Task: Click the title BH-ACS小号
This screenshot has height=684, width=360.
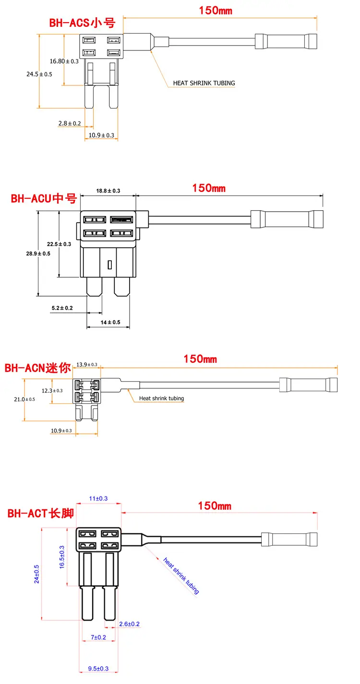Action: (x=82, y=23)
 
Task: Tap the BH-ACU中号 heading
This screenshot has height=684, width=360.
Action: (x=44, y=199)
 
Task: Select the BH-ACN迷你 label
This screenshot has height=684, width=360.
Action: (x=37, y=368)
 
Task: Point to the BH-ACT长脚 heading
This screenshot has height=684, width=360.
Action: (x=41, y=513)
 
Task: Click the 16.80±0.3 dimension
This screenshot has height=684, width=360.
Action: (x=64, y=61)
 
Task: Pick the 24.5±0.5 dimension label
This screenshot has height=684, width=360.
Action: (x=39, y=74)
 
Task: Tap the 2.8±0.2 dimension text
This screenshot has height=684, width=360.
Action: (x=70, y=123)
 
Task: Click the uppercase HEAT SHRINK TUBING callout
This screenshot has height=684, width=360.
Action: (x=204, y=83)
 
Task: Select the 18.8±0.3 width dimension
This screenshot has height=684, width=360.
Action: (x=108, y=191)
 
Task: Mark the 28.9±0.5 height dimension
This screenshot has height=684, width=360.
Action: (x=38, y=253)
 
